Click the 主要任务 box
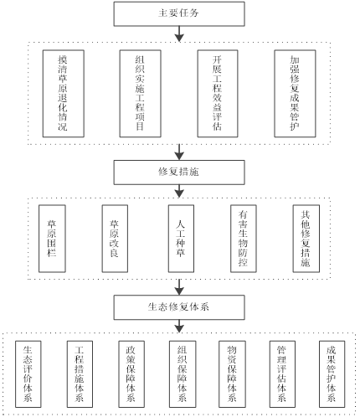(179, 14)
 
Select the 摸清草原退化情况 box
(64, 94)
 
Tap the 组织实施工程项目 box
(141, 94)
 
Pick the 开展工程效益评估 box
(218, 94)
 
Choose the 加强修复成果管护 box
(295, 94)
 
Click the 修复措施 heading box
(179, 172)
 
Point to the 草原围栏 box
(52, 239)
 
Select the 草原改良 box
(115, 239)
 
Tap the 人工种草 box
(181, 239)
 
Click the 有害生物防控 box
(244, 239)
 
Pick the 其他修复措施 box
(306, 239)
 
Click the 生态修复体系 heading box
(179, 307)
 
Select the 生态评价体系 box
(28, 374)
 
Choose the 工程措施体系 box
(80, 374)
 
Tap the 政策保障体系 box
(131, 374)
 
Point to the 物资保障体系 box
(232, 374)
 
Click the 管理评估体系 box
(282, 374)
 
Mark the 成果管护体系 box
(332, 374)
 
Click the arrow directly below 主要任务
(179, 34)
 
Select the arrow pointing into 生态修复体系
(179, 287)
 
